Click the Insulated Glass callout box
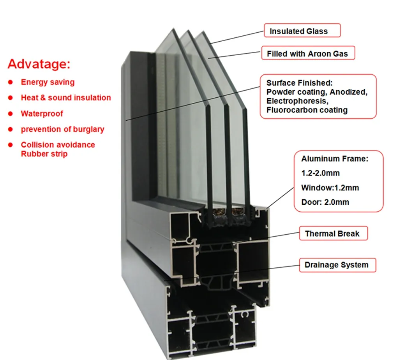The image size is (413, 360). pyautogui.click(x=302, y=30)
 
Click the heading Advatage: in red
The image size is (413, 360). pyautogui.click(x=39, y=64)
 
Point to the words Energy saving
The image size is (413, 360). pyautogui.click(x=48, y=82)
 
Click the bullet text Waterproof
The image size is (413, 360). pyautogui.click(x=42, y=114)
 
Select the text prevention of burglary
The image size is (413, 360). pyautogui.click(x=62, y=129)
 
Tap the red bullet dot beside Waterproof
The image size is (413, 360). pyautogui.click(x=11, y=114)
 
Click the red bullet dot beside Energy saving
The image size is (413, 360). pyautogui.click(x=11, y=83)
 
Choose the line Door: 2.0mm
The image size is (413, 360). pyautogui.click(x=325, y=202)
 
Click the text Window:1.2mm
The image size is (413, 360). pyautogui.click(x=330, y=188)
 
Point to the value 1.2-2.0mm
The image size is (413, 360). pyautogui.click(x=321, y=173)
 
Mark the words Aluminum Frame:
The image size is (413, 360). pyautogui.click(x=335, y=159)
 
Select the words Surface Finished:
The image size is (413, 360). pyautogui.click(x=300, y=83)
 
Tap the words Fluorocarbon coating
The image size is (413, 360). pyautogui.click(x=307, y=110)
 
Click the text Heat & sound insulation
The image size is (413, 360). pyautogui.click(x=66, y=98)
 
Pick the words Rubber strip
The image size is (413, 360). pyautogui.click(x=44, y=154)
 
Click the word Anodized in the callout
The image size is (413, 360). pyautogui.click(x=348, y=92)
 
